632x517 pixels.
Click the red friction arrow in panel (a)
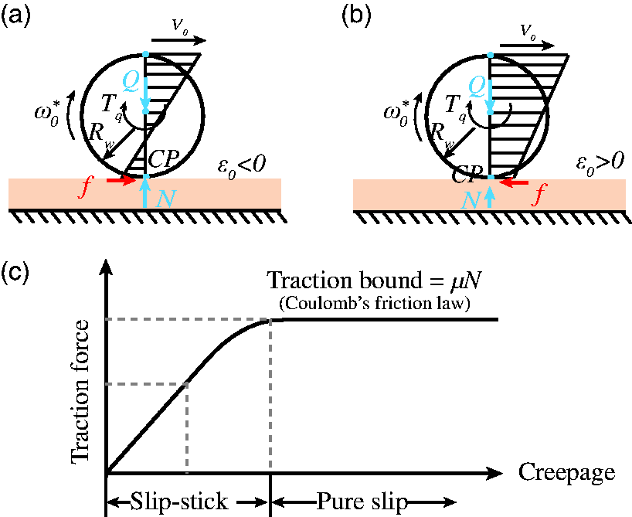tap(122, 180)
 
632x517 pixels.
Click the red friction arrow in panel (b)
tap(513, 183)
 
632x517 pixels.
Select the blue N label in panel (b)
tap(471, 200)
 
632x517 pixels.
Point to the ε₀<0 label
tap(241, 165)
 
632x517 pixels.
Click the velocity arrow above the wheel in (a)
tap(179, 40)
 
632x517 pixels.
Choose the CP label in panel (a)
tap(163, 159)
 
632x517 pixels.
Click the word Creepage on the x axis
tap(566, 472)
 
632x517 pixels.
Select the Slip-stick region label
tap(179, 502)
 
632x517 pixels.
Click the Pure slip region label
tap(362, 502)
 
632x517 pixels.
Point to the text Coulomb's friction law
tap(375, 303)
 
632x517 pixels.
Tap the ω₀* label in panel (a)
tap(47, 114)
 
